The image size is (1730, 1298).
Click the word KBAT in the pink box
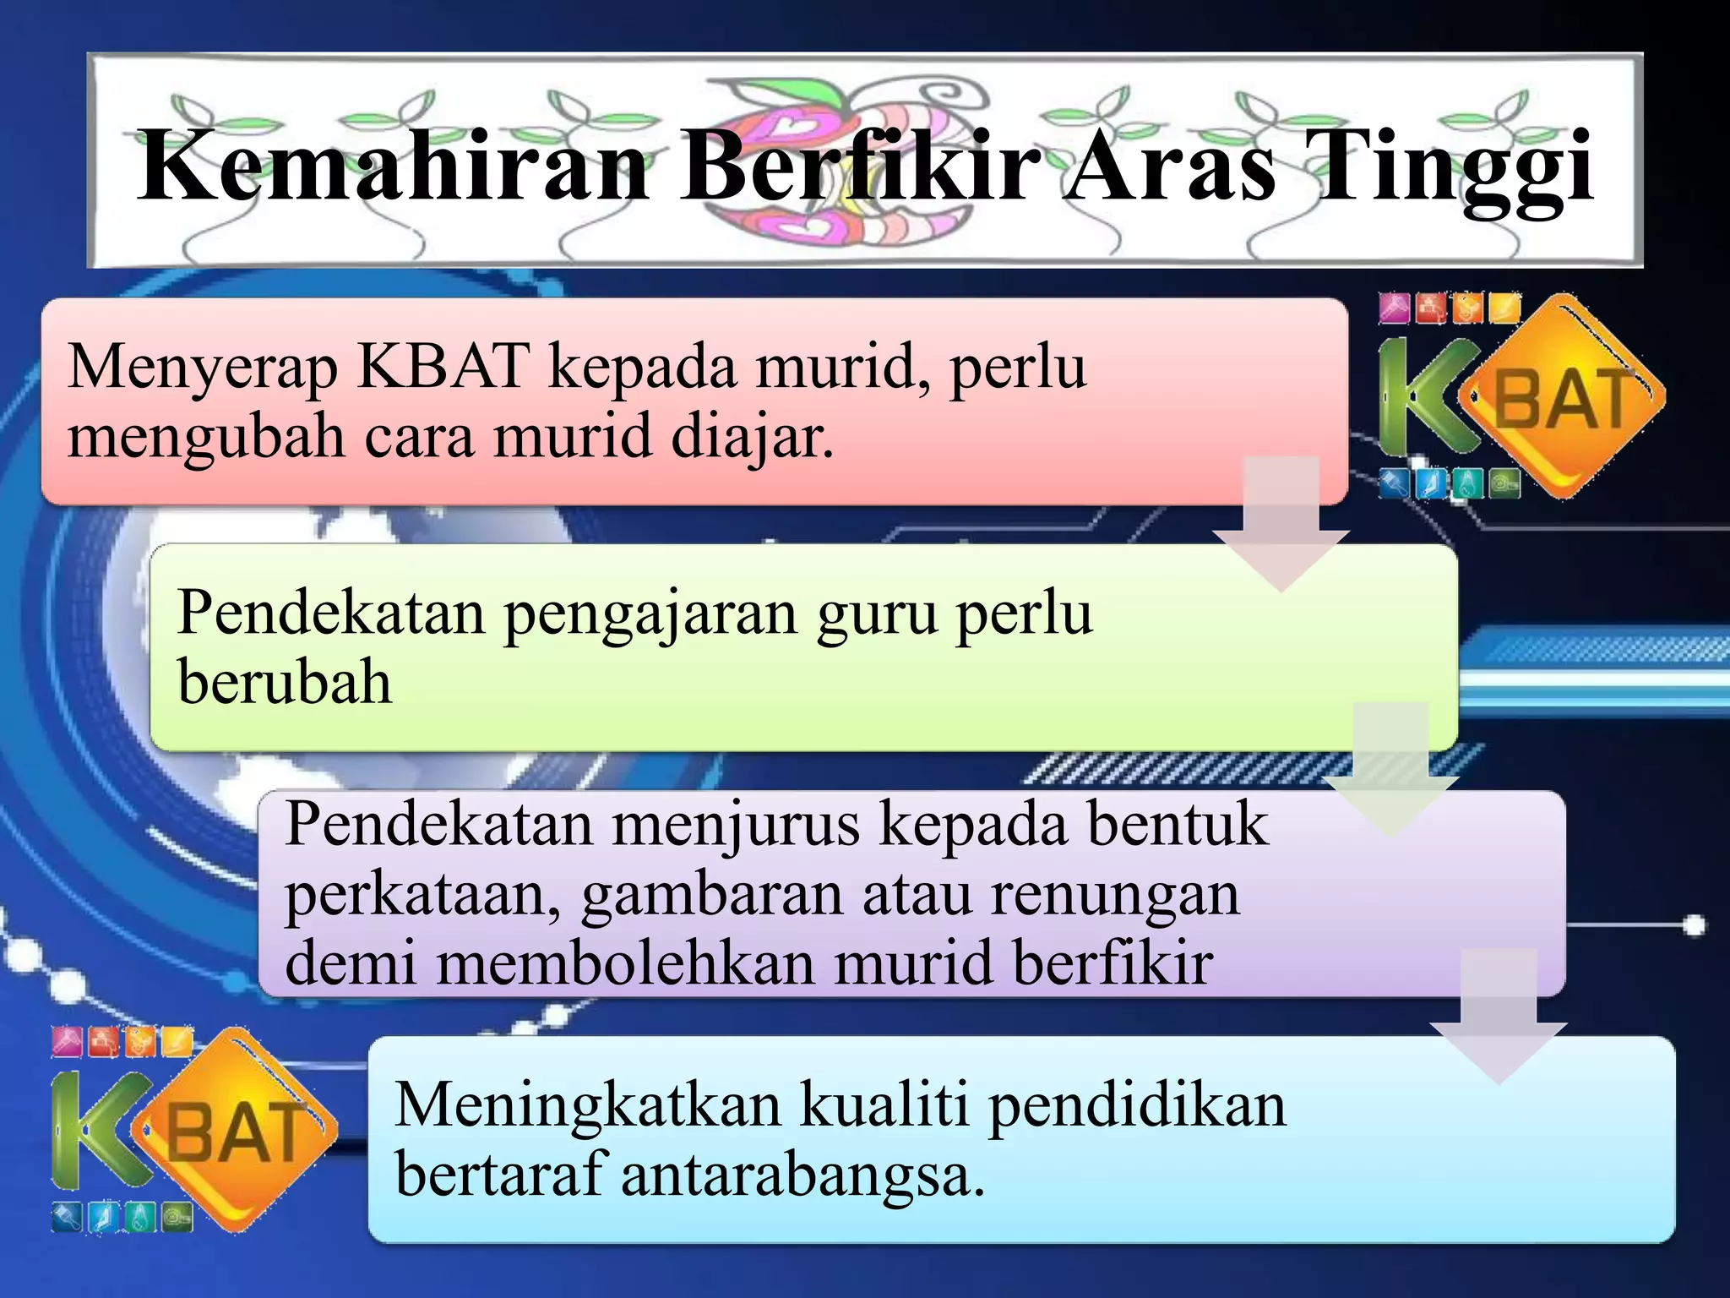click(x=443, y=367)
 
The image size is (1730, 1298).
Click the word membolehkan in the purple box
click(x=626, y=963)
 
